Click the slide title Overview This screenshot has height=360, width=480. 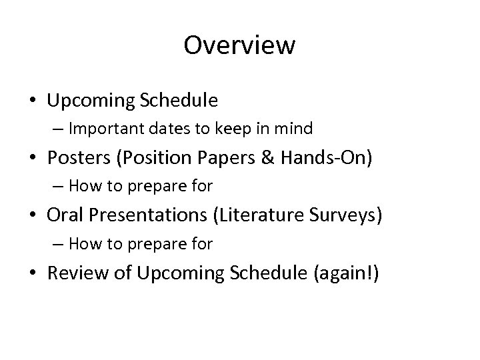239,45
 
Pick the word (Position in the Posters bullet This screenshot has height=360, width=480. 144,157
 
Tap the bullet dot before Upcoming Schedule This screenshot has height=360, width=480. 33,101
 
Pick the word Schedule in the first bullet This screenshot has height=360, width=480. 179,100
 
